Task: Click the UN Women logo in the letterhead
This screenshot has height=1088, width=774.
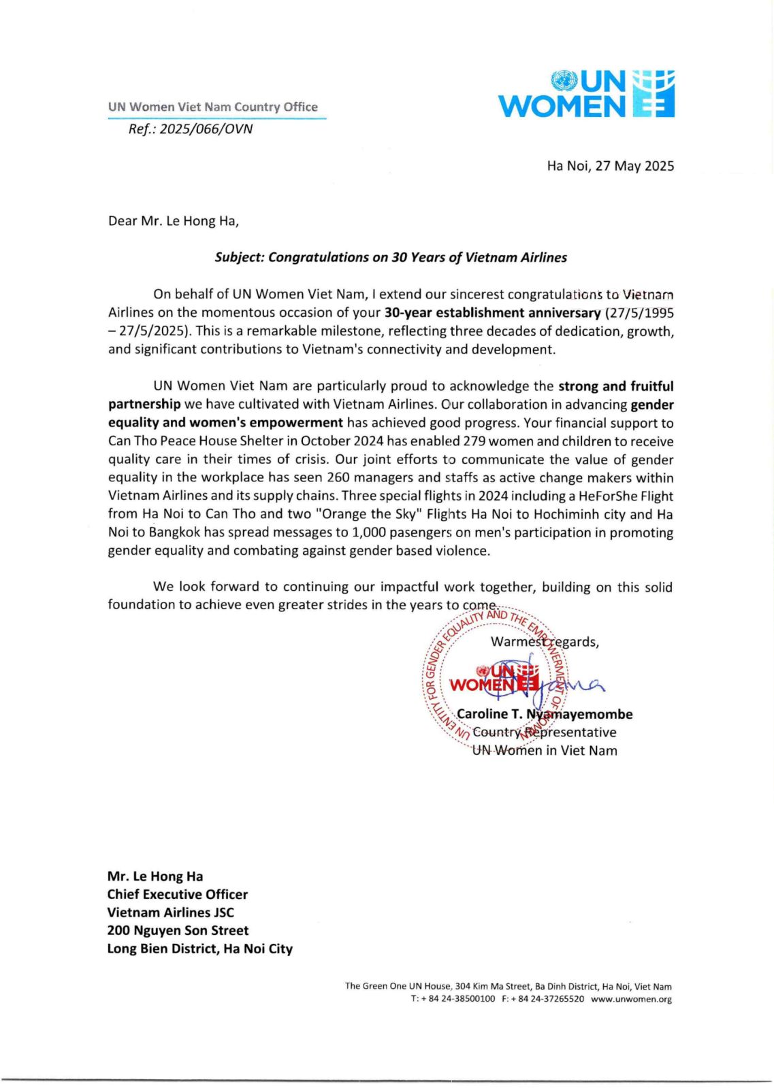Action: pyautogui.click(x=586, y=94)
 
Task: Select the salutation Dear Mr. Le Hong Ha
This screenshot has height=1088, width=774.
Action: pyautogui.click(x=174, y=221)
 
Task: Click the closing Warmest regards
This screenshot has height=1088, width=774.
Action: pyautogui.click(x=545, y=642)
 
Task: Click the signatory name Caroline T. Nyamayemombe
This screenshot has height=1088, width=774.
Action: pyautogui.click(x=545, y=714)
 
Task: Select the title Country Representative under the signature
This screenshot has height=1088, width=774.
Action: pyautogui.click(x=545, y=732)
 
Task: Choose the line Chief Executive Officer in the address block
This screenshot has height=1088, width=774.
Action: pyautogui.click(x=177, y=895)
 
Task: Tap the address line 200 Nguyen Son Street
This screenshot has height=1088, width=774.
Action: pyautogui.click(x=178, y=931)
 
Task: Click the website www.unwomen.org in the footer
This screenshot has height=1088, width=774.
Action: pyautogui.click(x=631, y=1000)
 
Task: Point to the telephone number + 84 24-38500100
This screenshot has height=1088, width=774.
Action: pyautogui.click(x=458, y=1000)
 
